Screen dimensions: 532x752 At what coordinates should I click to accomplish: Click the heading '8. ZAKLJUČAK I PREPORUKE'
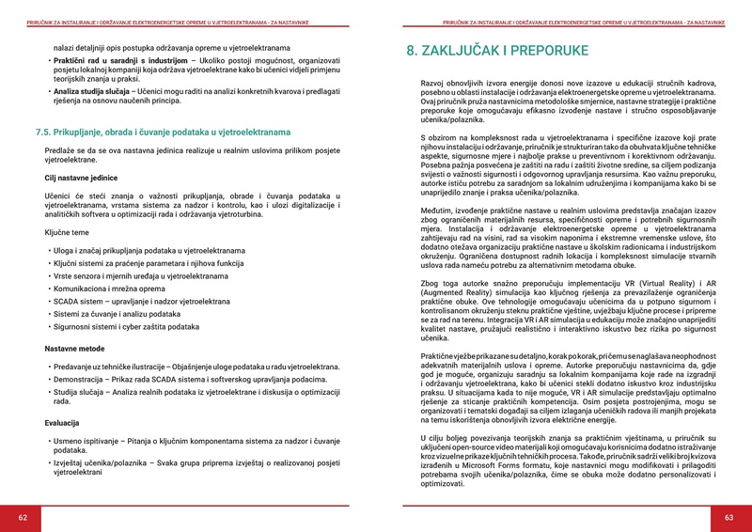pos(497,51)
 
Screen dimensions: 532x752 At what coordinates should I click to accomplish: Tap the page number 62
pos(23,518)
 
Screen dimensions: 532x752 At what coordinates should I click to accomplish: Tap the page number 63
pos(728,518)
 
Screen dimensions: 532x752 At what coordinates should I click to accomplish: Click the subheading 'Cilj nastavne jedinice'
pos(81,177)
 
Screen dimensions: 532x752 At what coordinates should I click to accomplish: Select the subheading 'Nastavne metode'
pos(74,348)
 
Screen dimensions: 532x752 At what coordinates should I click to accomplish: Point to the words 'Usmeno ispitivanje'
pos(86,441)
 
